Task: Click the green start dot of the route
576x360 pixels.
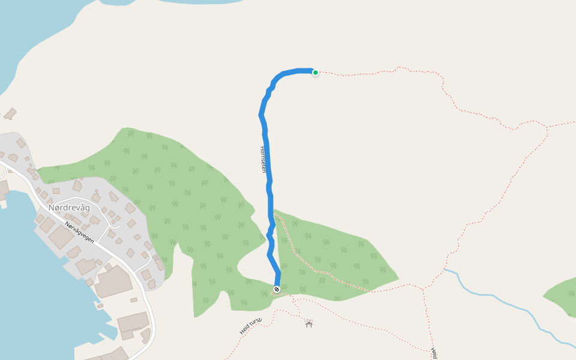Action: [x=315, y=73]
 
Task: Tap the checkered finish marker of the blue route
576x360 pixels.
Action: [x=277, y=289]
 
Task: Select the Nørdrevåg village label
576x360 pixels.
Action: [x=69, y=208]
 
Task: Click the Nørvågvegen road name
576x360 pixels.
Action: [x=81, y=232]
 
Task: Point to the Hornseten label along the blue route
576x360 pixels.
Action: [x=263, y=159]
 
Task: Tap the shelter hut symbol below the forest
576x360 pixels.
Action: [x=309, y=324]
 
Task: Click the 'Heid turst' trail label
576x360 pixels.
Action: [x=251, y=326]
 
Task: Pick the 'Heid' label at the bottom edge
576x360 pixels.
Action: [x=433, y=353]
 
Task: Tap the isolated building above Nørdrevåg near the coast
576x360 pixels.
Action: [x=10, y=113]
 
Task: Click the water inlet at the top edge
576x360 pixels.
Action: [x=198, y=2]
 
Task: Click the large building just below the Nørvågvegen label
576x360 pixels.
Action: [x=60, y=238]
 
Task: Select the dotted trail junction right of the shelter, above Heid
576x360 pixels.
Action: [x=424, y=289]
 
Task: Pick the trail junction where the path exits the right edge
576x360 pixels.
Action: [x=547, y=127]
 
